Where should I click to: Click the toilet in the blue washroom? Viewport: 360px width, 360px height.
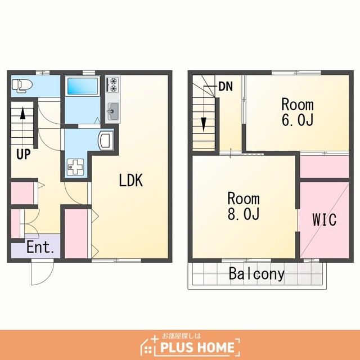[x=22, y=86]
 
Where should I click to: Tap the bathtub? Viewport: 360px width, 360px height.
[x=82, y=86]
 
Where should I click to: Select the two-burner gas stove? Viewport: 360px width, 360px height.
[x=112, y=84]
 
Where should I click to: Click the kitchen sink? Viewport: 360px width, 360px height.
[x=112, y=111]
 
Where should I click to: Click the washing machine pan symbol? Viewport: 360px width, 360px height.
[x=75, y=167]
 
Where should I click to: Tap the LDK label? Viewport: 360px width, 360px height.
[x=131, y=180]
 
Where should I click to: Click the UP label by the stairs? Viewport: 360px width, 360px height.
[x=24, y=154]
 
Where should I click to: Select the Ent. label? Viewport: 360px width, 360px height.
[x=40, y=247]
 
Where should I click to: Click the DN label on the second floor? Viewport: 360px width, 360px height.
[x=226, y=87]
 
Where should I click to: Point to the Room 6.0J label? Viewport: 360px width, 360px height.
[x=298, y=112]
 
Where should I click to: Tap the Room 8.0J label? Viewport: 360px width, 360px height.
[x=244, y=206]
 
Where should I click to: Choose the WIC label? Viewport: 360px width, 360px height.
[x=325, y=219]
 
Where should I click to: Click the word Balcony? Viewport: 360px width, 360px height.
[x=256, y=274]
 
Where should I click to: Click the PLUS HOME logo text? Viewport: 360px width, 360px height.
[x=197, y=347]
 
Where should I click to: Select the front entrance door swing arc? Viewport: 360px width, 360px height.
[x=46, y=281]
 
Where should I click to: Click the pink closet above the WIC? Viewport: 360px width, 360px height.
[x=325, y=166]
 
